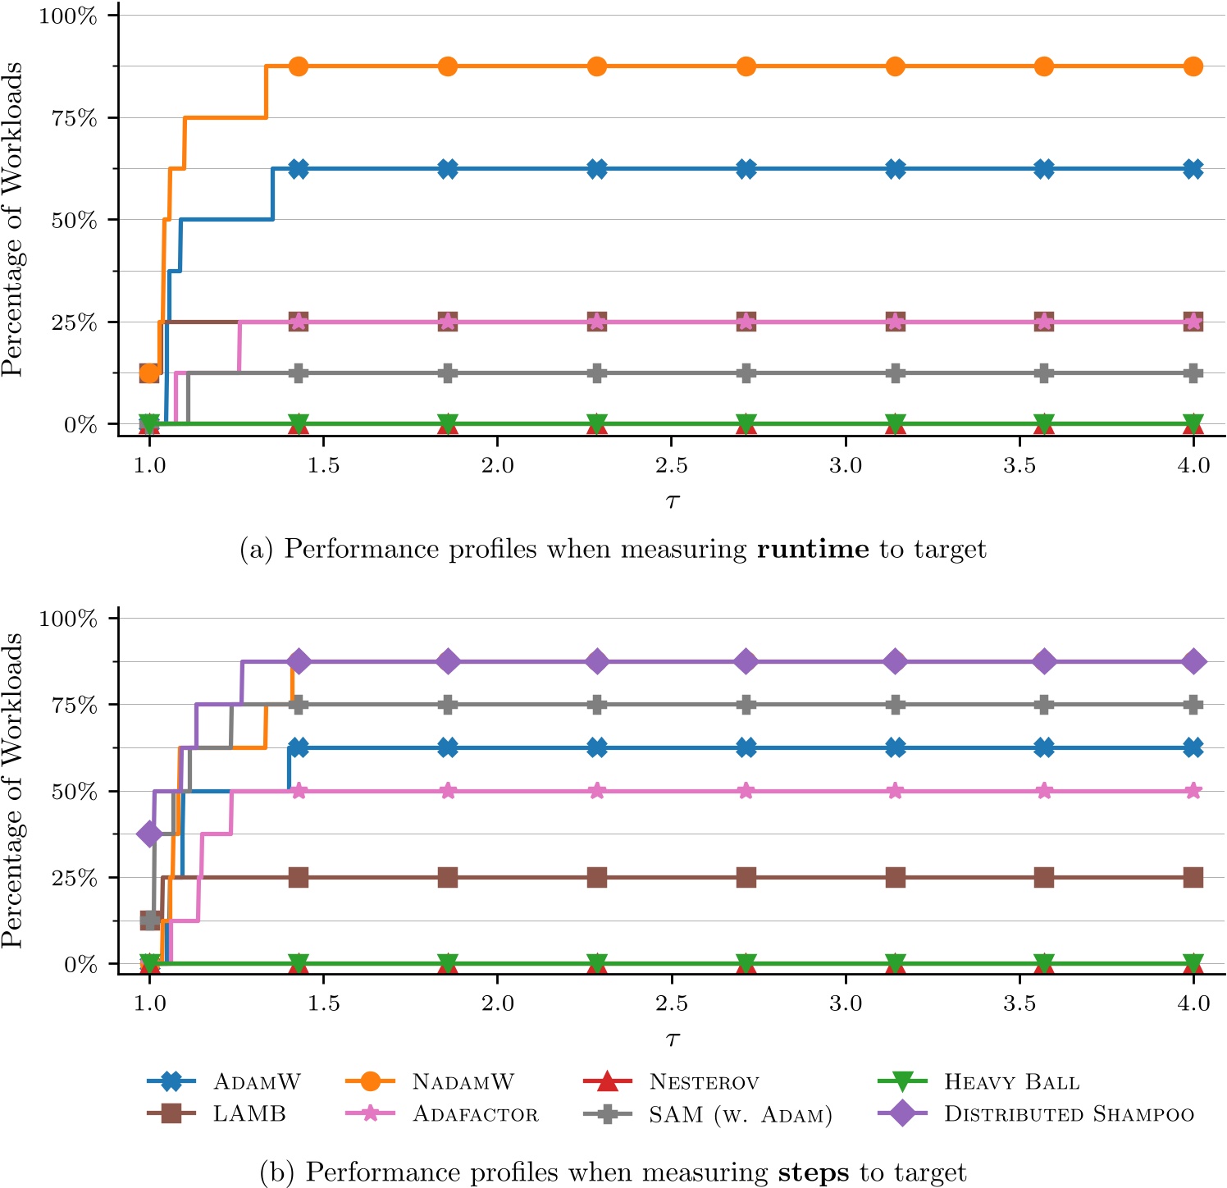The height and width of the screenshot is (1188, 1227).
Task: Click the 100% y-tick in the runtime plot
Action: (68, 16)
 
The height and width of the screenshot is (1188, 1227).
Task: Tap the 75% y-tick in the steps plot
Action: (75, 705)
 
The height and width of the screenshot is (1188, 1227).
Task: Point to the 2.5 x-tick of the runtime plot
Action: (672, 465)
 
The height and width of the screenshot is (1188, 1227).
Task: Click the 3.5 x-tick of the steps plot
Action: (1019, 1003)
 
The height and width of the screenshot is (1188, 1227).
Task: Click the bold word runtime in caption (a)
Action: (812, 549)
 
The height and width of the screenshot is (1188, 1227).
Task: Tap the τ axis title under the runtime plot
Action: (673, 500)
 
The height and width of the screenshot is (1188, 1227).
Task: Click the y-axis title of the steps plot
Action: (13, 791)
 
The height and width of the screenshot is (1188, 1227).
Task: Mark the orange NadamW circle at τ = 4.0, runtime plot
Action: (1193, 66)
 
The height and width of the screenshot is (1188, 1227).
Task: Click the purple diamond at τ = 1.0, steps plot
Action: (149, 834)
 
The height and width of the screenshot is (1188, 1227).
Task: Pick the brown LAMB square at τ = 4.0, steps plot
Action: (1193, 878)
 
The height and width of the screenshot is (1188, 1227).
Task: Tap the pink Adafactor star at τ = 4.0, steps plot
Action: (1193, 791)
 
